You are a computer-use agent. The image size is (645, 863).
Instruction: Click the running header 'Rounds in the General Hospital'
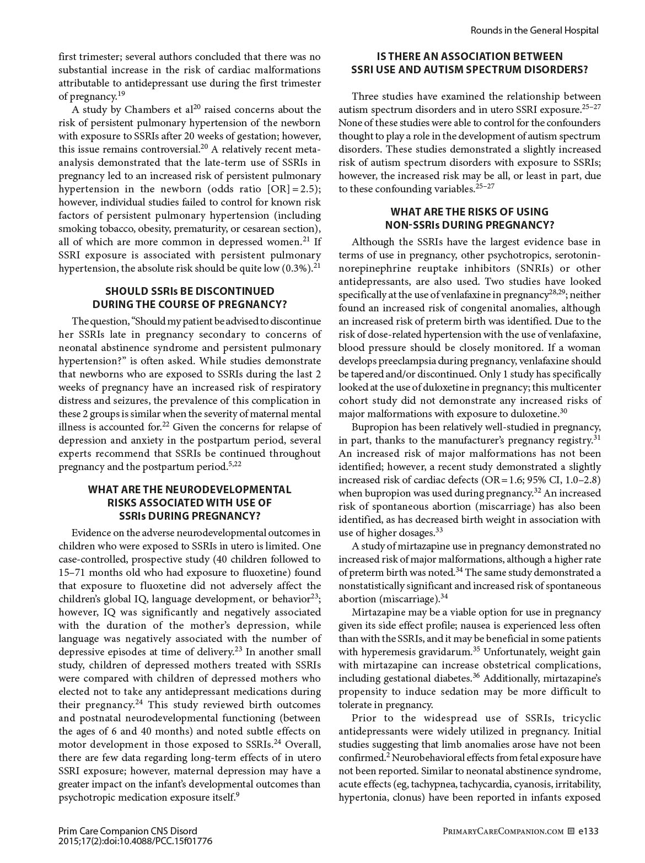click(534, 30)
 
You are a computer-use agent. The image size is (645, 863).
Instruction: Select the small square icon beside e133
click(571, 831)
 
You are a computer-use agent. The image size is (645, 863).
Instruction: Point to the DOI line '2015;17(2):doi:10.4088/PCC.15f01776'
click(135, 841)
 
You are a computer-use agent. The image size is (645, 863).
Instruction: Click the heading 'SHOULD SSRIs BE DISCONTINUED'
click(189, 291)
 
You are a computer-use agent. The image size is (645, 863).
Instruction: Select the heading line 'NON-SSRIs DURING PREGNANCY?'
click(469, 225)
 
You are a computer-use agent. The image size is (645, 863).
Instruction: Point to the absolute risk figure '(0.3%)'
click(297, 268)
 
